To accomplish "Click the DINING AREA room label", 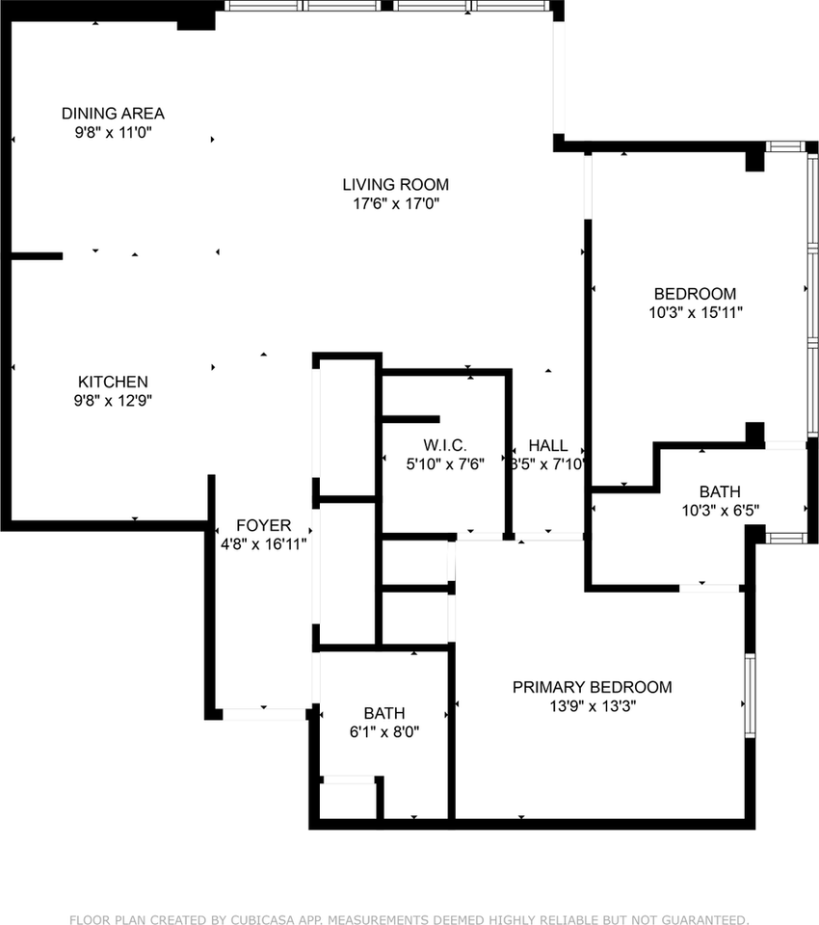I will [x=113, y=113].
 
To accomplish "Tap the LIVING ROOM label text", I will [x=395, y=184].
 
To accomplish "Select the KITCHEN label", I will [x=113, y=382].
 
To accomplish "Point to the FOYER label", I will [x=263, y=525].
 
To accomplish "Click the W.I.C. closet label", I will [x=444, y=445].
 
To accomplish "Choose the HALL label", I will [x=547, y=446].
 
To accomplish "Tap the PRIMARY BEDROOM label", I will [x=592, y=687].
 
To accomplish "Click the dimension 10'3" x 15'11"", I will [x=695, y=312].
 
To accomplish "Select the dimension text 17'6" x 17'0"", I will [x=395, y=203].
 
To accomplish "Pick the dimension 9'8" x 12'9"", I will [x=113, y=401].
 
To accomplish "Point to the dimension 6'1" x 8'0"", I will [x=383, y=731].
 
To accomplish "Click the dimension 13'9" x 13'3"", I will [x=592, y=705].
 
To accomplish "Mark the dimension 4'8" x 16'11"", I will [x=263, y=543].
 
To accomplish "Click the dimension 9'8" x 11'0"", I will [x=113, y=132].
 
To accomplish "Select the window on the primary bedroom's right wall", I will [x=750, y=695].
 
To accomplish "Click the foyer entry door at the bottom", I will [x=264, y=714].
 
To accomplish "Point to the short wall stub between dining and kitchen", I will [x=37, y=256].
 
